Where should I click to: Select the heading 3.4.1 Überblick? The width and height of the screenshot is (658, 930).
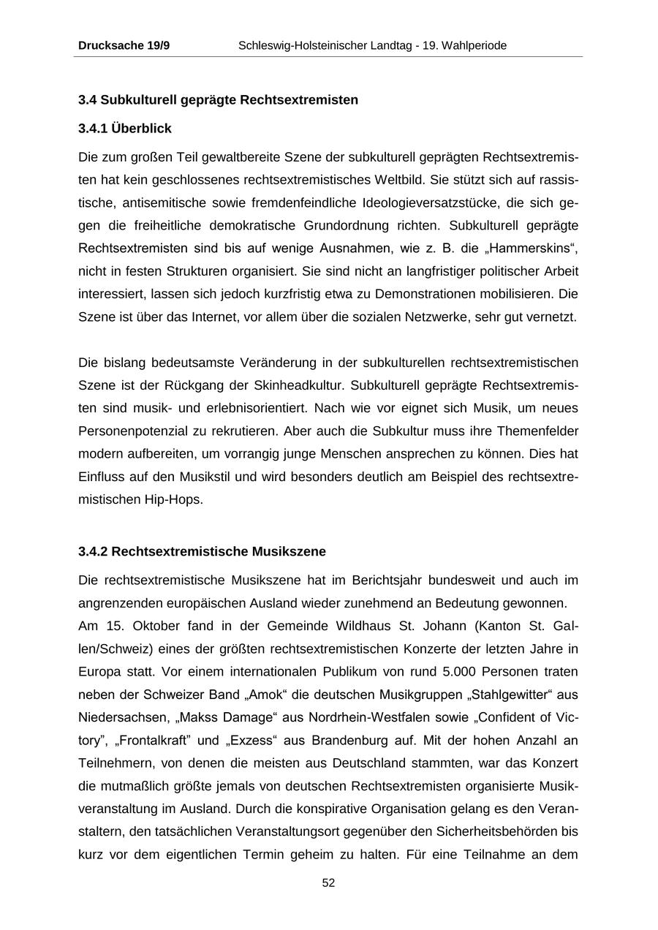(x=125, y=129)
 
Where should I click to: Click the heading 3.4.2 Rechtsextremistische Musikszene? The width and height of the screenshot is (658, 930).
(x=202, y=551)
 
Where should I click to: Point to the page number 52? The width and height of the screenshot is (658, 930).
(x=328, y=883)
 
